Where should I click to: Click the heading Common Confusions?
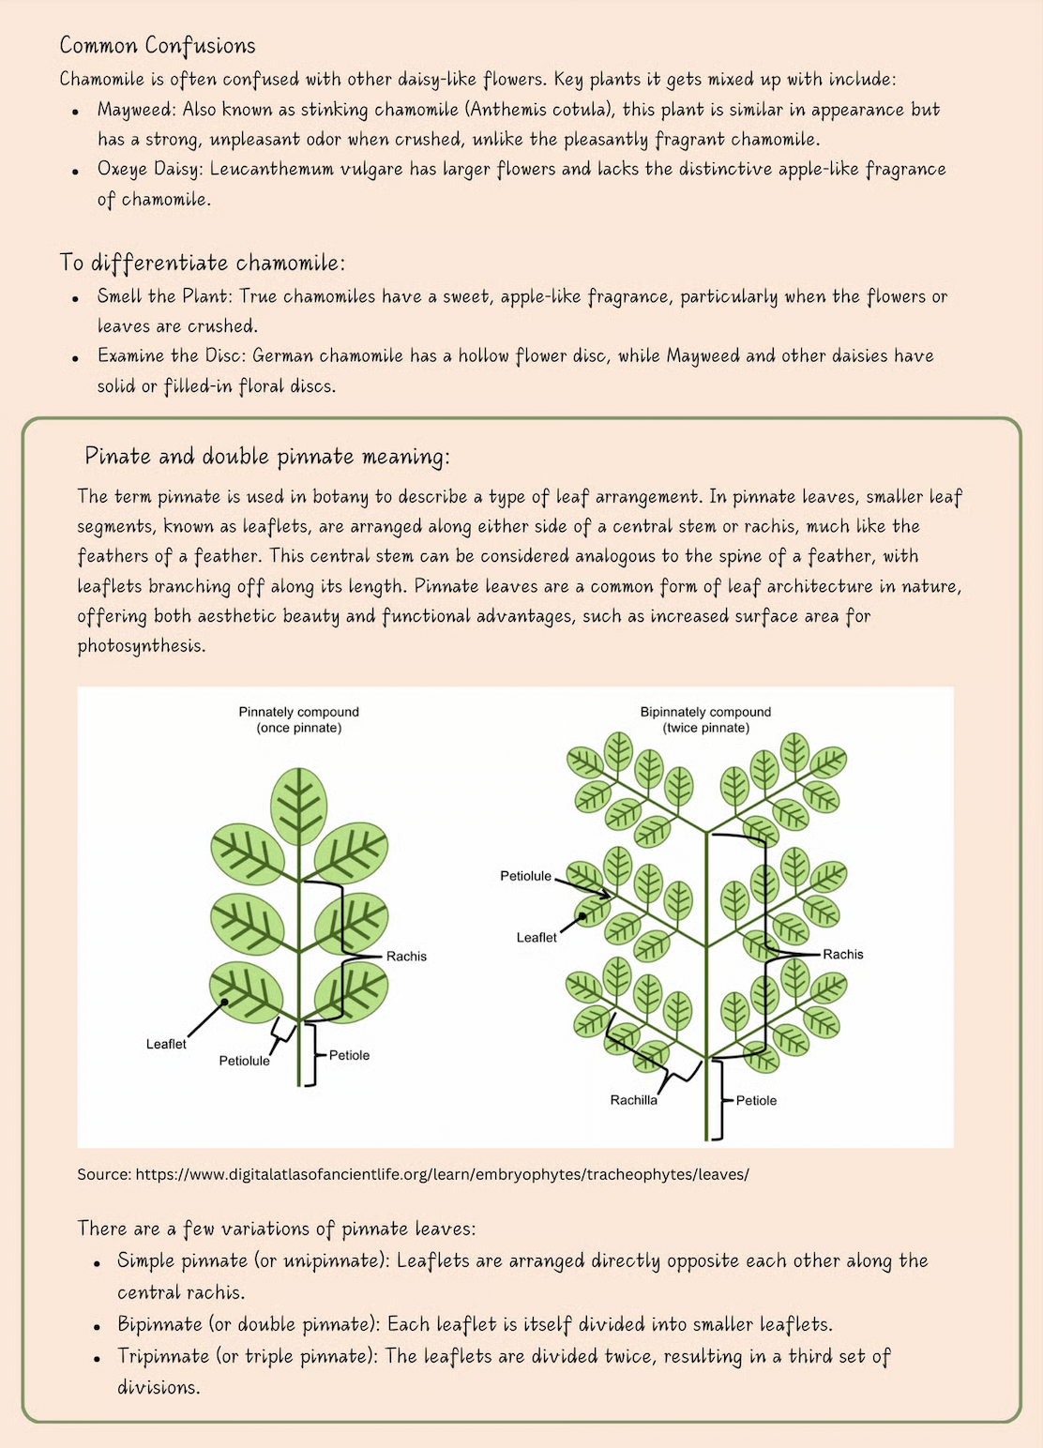[158, 46]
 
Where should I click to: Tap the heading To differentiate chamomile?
[202, 263]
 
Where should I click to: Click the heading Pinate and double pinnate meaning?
[267, 457]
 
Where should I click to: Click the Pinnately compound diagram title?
[298, 713]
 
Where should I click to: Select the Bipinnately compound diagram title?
[705, 713]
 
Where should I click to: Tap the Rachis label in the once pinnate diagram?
[406, 957]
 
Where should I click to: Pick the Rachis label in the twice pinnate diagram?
[842, 955]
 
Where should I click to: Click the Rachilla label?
[633, 1100]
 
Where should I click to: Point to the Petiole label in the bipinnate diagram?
[756, 1100]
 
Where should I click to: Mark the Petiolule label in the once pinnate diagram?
[244, 1061]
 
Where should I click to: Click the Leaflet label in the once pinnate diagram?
[166, 1044]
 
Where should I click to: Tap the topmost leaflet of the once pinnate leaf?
[298, 806]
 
